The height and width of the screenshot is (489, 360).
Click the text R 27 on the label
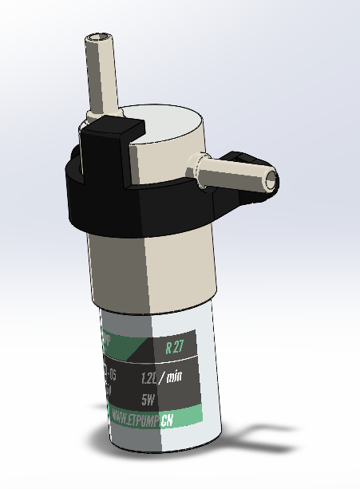click(x=174, y=348)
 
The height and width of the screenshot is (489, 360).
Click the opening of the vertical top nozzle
click(x=98, y=37)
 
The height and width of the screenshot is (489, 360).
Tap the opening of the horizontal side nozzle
click(x=272, y=179)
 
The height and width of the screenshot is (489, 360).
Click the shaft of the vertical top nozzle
click(x=101, y=76)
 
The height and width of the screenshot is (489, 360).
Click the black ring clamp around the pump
click(x=144, y=207)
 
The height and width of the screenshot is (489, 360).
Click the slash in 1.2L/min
click(x=164, y=377)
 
